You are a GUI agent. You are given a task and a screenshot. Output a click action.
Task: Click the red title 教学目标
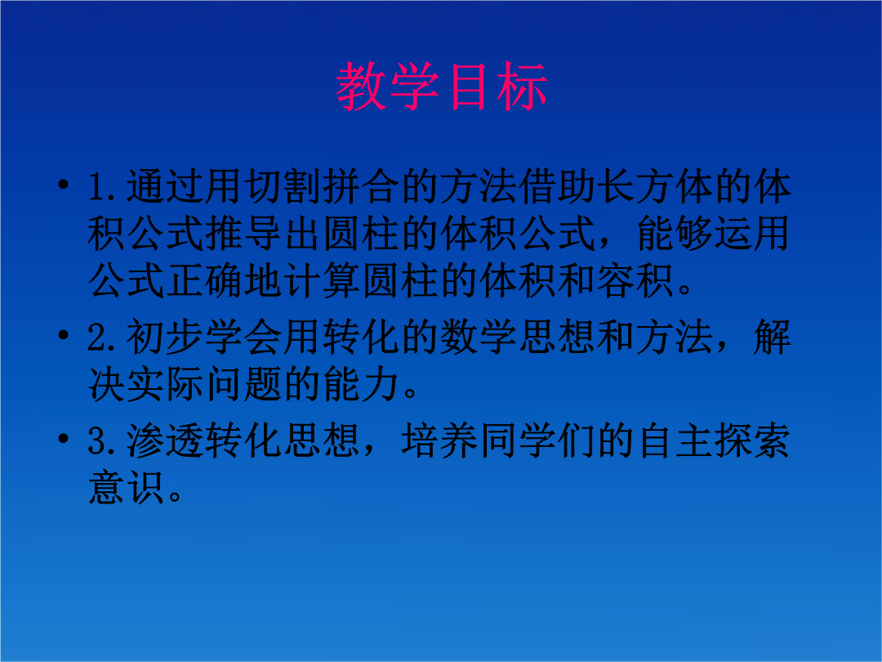pos(442,86)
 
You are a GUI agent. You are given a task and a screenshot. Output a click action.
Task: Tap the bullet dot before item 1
pos(64,184)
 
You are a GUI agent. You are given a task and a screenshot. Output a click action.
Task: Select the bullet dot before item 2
pos(64,335)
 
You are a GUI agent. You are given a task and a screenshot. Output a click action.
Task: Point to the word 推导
pos(243,234)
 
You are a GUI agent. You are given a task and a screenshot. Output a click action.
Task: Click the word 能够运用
pos(714,234)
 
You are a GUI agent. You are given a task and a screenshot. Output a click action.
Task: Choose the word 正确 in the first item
pos(204,281)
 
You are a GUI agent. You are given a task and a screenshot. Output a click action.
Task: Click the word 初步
pos(165,338)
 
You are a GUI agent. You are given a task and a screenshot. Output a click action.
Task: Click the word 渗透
pos(165,441)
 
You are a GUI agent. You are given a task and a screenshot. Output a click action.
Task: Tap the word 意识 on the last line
pos(126,488)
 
